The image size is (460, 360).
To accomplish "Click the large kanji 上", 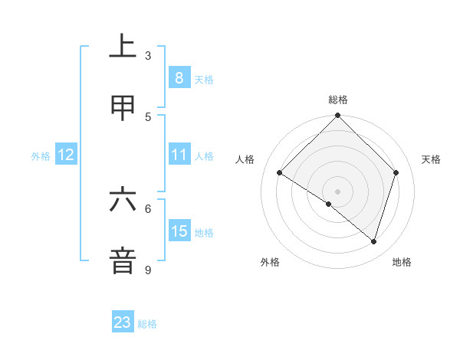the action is tap(123, 46).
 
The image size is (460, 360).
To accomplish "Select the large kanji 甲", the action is tap(123, 109).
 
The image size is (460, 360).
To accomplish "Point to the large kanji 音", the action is tap(123, 260).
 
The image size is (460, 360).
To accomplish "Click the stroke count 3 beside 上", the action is tap(148, 56).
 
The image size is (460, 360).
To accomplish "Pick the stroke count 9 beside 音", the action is tap(148, 270).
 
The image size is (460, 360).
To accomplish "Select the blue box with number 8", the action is tap(179, 77).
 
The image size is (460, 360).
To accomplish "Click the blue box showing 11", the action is tap(179, 155).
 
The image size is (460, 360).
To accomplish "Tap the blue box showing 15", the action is tap(179, 231).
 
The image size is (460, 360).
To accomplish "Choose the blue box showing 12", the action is tap(66, 155).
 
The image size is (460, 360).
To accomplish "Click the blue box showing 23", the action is tap(123, 322).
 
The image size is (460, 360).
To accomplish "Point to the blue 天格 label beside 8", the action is tap(204, 79).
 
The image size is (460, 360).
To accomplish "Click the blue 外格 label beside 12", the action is tap(41, 156).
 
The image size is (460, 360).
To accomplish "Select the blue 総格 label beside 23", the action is tap(147, 324).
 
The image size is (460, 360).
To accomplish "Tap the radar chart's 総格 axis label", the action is tap(338, 100).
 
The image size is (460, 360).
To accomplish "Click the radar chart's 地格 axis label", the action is tap(402, 262).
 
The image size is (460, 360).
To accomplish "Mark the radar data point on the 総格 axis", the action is tap(338, 116).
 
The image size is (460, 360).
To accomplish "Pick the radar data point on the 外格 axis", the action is tap(329, 204).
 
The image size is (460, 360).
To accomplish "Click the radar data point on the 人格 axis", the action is tap(280, 173).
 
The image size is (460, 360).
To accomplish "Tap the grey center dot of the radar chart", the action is tap(338, 191).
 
